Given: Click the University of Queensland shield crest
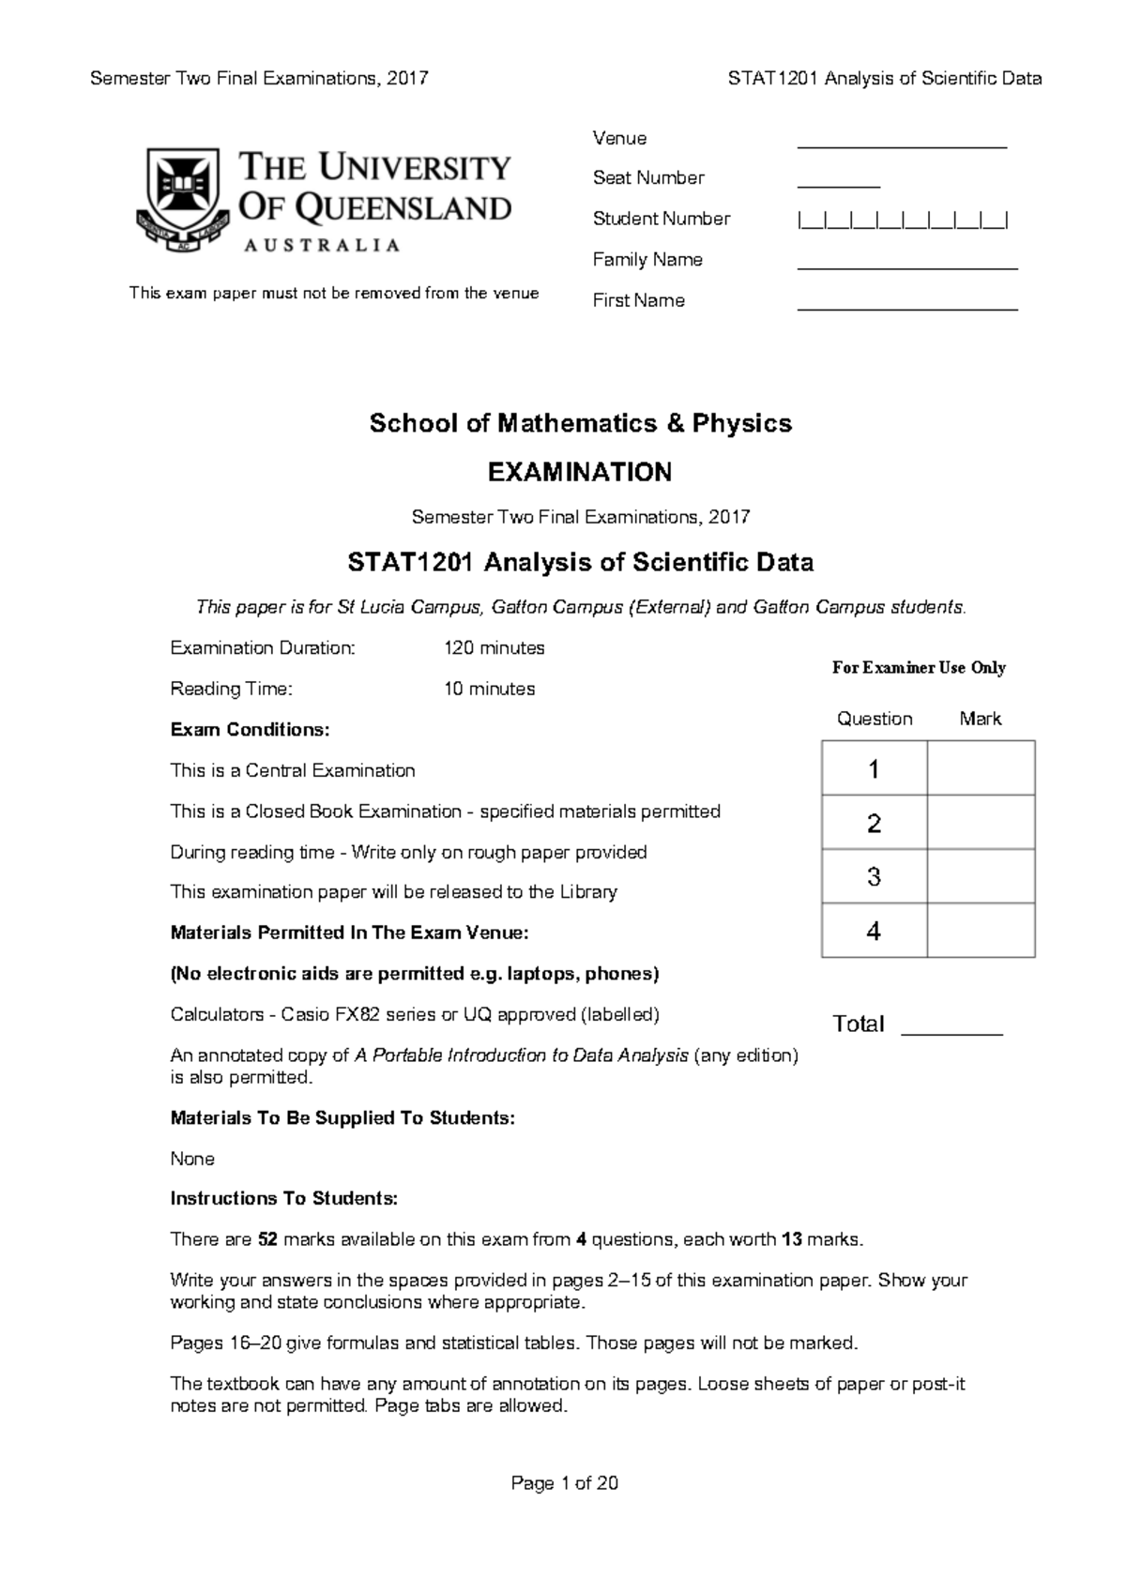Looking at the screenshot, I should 182,197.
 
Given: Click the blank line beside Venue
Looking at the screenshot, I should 901,146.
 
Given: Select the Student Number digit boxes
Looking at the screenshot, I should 903,220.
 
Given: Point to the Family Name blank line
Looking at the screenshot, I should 906,267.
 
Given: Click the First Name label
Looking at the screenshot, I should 638,301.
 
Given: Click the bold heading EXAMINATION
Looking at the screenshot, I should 580,472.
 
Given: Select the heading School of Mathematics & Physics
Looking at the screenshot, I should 580,423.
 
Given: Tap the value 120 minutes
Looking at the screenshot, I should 494,648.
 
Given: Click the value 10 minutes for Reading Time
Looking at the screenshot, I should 489,689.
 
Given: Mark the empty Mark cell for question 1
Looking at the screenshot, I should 981,768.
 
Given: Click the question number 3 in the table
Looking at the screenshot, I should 874,877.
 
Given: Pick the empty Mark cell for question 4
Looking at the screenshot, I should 981,931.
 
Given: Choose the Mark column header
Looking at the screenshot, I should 980,719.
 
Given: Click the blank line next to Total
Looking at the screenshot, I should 951,1032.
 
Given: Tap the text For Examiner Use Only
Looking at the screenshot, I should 919,668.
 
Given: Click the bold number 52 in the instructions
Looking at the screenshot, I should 267,1239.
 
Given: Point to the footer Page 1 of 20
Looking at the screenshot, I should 564,1483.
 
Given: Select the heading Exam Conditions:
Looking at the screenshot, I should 250,730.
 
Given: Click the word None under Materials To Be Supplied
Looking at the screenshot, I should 192,1159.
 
